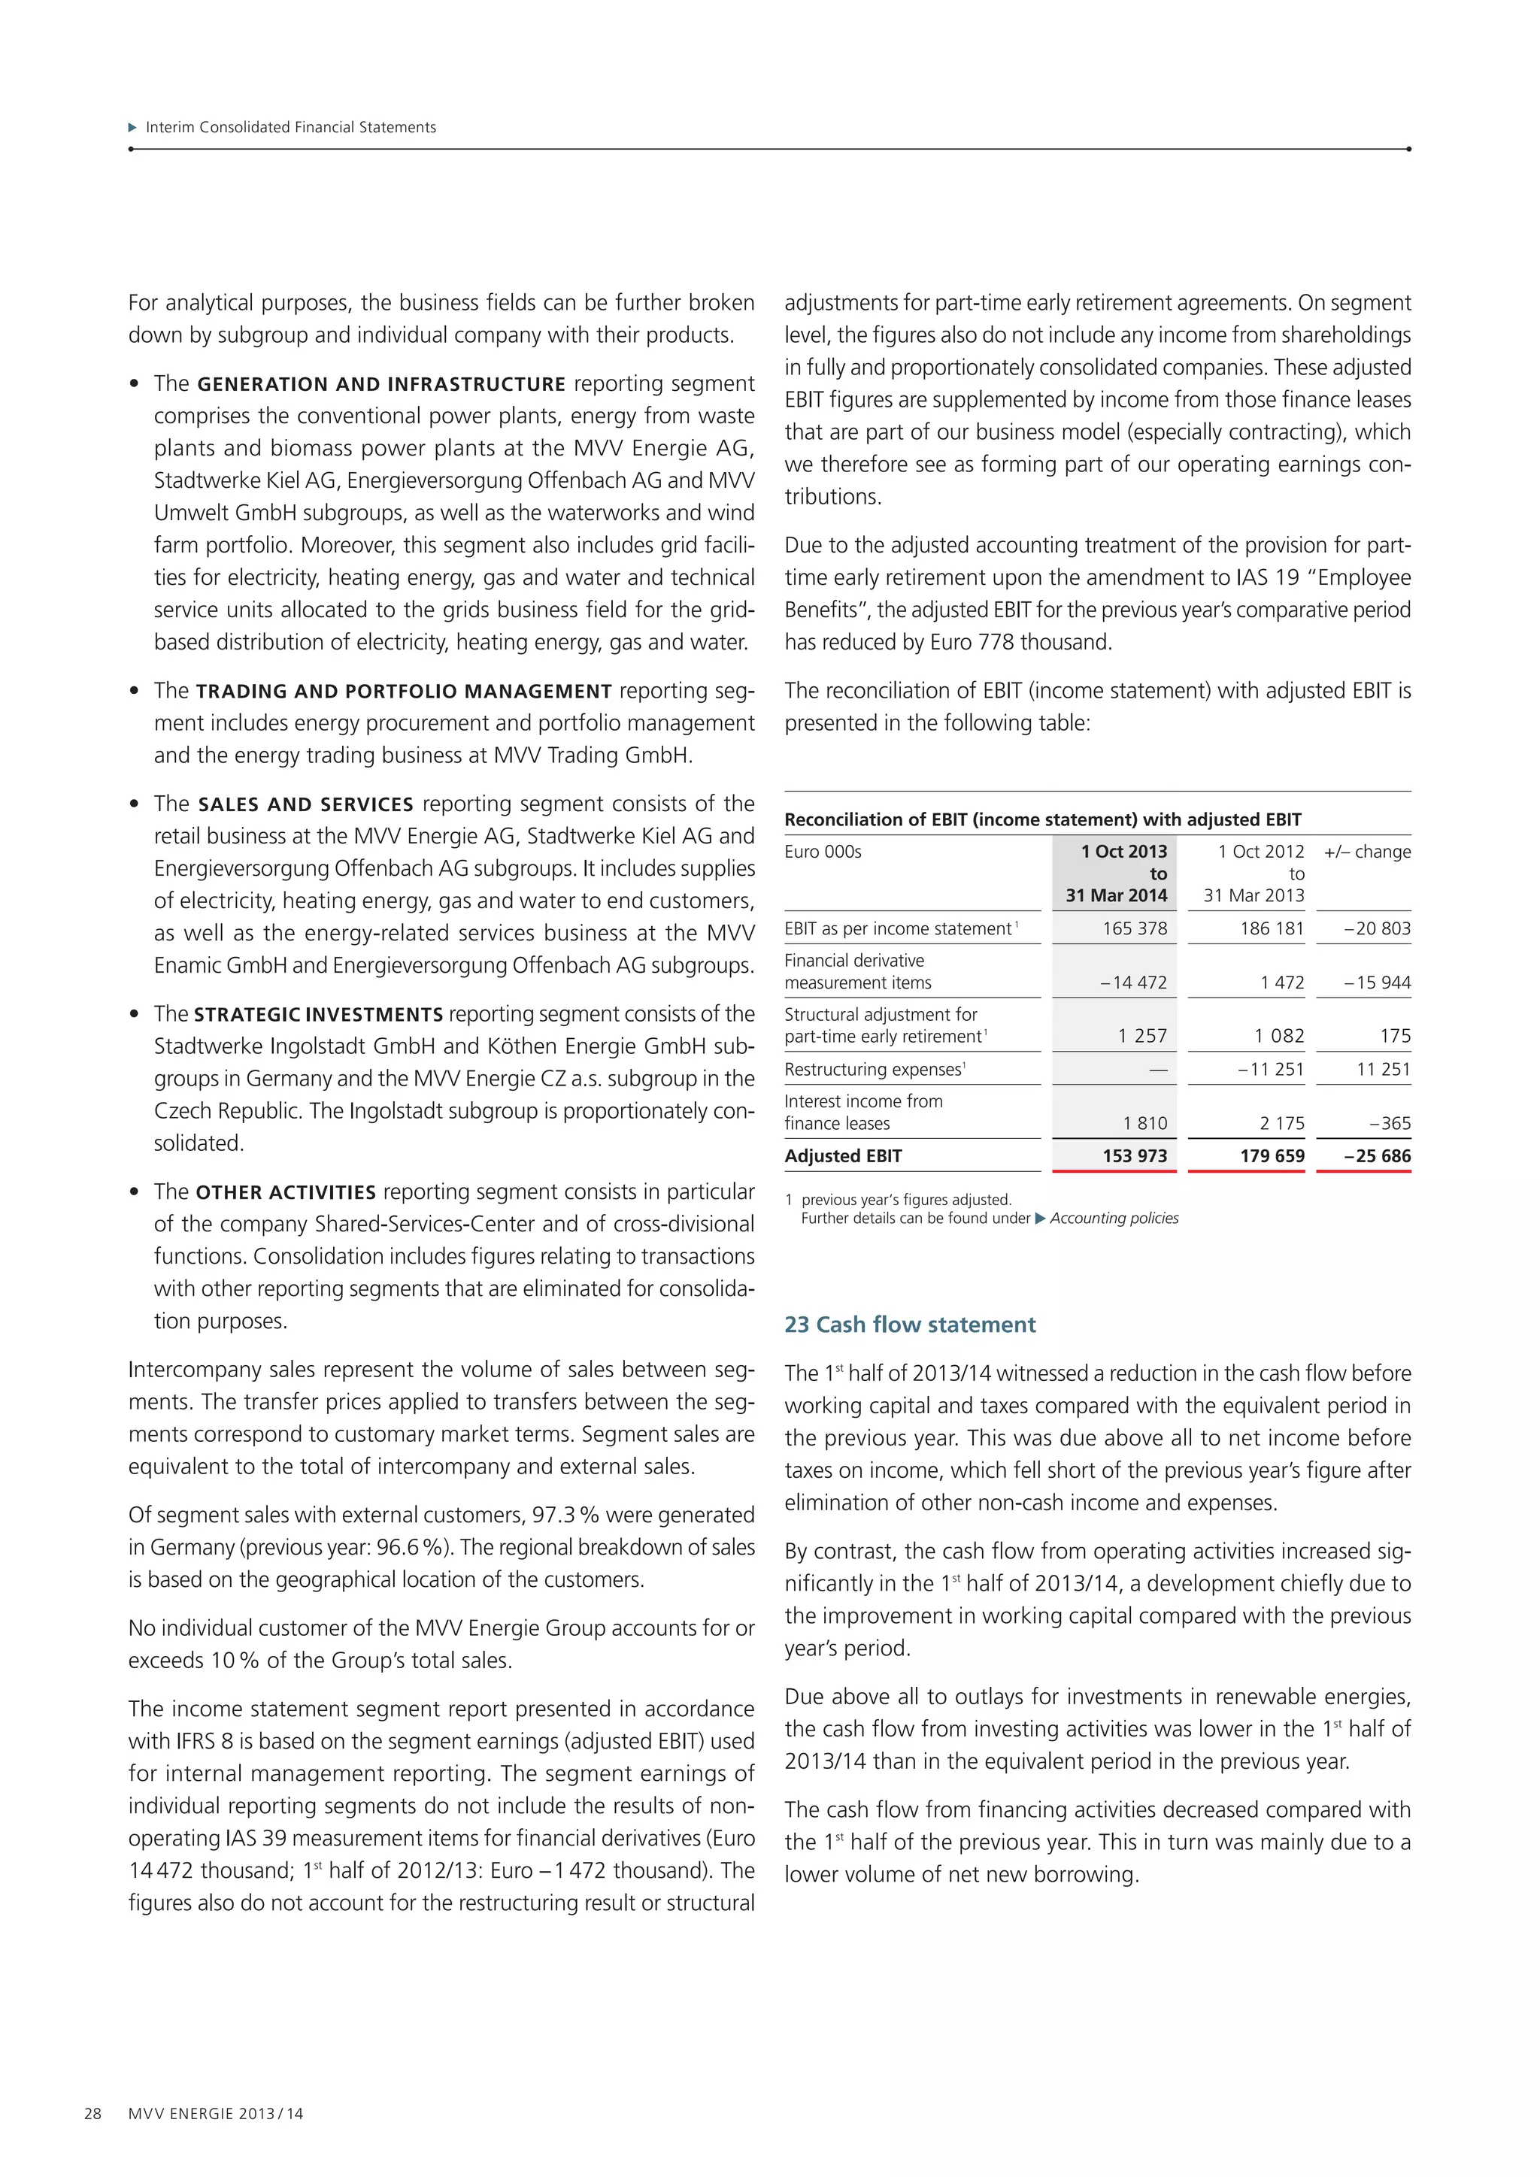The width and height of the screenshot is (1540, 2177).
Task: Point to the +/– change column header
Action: [1366, 852]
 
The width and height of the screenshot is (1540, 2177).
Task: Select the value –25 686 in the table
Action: [1377, 1156]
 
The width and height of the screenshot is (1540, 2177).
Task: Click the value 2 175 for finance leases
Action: [1282, 1124]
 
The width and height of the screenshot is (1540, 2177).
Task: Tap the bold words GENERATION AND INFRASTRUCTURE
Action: [381, 384]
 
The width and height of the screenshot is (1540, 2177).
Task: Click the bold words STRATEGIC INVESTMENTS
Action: [319, 1015]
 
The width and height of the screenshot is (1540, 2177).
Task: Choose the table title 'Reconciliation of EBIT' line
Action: [1042, 819]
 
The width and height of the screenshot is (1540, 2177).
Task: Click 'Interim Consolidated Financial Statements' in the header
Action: [290, 127]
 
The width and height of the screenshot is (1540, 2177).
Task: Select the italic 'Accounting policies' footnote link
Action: [1114, 1219]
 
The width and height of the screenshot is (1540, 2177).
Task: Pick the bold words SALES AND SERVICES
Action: [305, 804]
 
